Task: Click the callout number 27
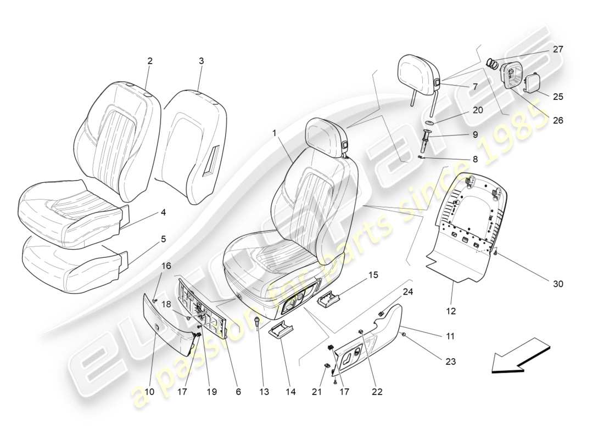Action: coord(558,49)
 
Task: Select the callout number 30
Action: coord(558,284)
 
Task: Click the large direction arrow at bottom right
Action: coord(519,356)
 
